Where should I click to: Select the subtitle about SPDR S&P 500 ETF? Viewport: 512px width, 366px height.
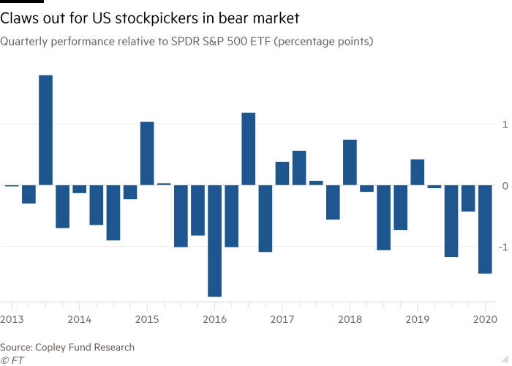point(187,42)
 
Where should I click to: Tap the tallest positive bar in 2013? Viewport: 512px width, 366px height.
point(45,130)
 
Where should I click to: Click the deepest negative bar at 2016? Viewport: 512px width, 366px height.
point(215,241)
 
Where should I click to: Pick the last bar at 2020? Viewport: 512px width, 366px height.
point(485,229)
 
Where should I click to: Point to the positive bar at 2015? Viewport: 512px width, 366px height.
point(147,153)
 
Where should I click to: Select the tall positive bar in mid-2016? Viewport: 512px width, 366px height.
point(249,149)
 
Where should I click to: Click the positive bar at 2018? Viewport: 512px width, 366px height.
point(350,162)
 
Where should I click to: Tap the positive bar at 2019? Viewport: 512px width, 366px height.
point(418,172)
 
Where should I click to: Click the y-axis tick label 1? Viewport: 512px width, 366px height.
point(504,124)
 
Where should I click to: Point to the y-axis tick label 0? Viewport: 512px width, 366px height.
point(504,186)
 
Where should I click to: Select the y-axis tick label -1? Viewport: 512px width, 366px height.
point(502,247)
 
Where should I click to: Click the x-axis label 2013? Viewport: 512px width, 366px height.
point(12,319)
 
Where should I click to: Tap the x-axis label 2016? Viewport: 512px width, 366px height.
point(214,319)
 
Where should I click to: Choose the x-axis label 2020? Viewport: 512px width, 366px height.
point(485,319)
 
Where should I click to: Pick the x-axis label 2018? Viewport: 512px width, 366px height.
point(350,319)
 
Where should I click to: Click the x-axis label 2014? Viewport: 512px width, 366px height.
point(79,319)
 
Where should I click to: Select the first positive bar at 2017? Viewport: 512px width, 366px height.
point(282,173)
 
